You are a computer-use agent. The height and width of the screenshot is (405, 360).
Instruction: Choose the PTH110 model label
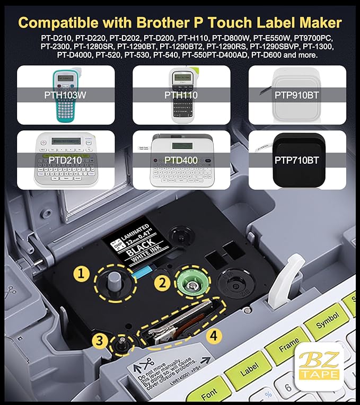coord(180,95)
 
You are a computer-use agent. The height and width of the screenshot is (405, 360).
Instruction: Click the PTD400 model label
coord(180,160)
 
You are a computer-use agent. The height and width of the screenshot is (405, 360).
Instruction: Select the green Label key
coord(250,373)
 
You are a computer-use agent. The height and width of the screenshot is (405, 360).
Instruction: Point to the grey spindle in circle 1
coord(113,279)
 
